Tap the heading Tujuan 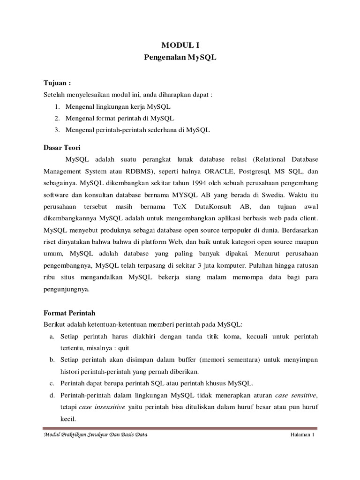56,82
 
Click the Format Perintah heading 69,312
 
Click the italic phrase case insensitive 102,407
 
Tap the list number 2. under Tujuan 57,118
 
